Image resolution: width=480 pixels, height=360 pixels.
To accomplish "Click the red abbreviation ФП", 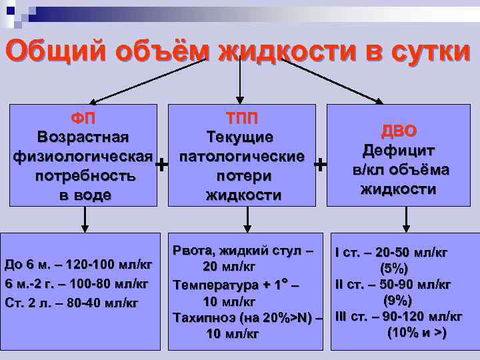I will pyautogui.click(x=84, y=119).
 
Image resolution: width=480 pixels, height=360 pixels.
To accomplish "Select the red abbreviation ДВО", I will pyautogui.click(x=399, y=131).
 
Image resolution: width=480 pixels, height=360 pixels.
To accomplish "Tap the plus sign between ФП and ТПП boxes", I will pyautogui.click(x=161, y=164).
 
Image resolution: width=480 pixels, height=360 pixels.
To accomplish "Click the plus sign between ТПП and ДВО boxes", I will pyautogui.click(x=321, y=164).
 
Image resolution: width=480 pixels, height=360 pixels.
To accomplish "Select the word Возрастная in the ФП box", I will pyautogui.click(x=84, y=137).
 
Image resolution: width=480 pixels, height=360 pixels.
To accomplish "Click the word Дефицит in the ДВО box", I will pyautogui.click(x=399, y=151).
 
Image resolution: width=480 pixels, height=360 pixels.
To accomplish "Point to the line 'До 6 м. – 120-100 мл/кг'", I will pyautogui.click(x=78, y=265).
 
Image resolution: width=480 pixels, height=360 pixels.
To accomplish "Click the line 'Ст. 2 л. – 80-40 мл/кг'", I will pyautogui.click(x=71, y=303).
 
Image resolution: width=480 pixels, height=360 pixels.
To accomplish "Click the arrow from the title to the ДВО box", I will pyautogui.click(x=333, y=81).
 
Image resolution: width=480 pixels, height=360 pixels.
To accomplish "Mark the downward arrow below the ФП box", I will pyautogui.click(x=85, y=218).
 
